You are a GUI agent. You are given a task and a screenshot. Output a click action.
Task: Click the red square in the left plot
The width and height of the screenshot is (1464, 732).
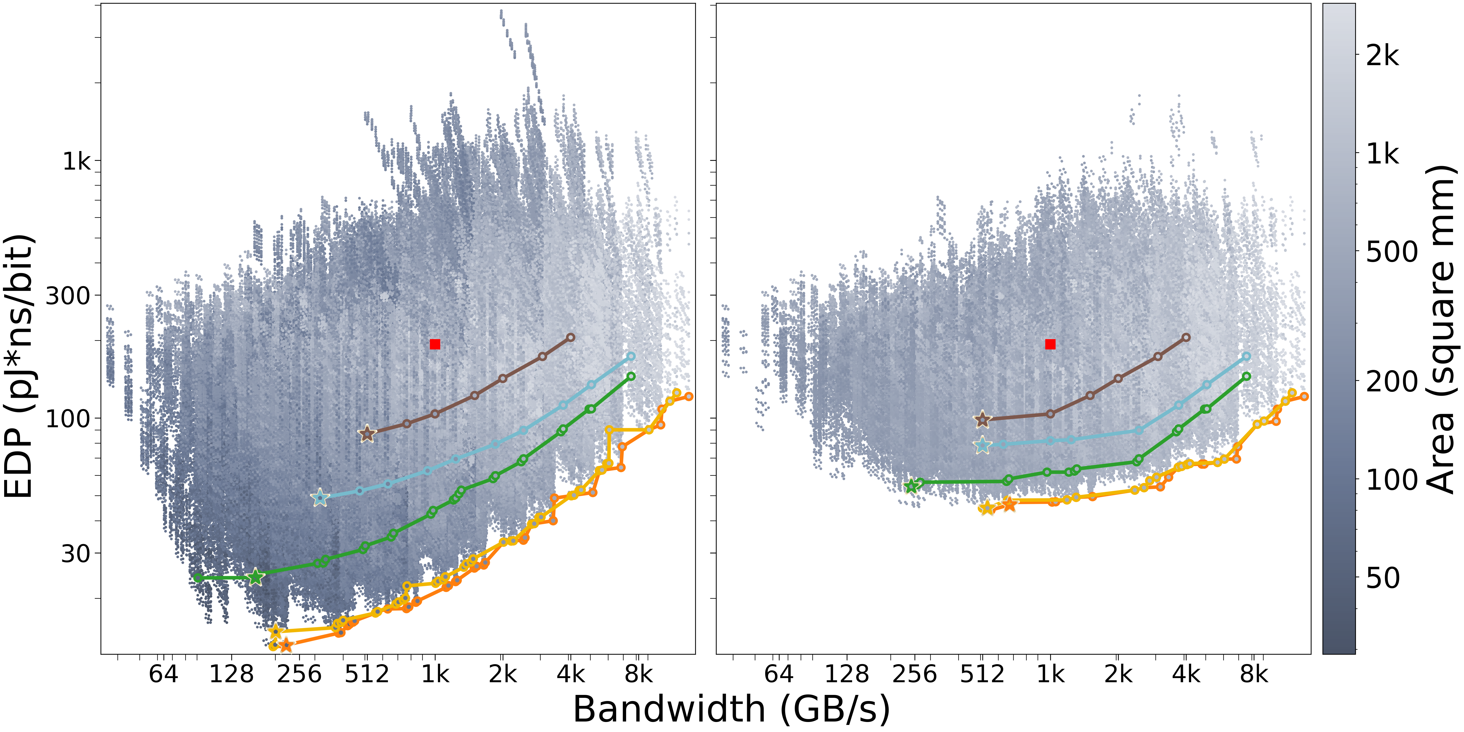pos(435,344)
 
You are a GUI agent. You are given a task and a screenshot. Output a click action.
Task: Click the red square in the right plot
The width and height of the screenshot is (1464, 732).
pos(1050,344)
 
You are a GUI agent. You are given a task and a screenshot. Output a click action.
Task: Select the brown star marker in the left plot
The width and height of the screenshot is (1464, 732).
pos(367,434)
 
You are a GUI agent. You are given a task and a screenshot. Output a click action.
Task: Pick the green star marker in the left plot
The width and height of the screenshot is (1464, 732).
pos(256,577)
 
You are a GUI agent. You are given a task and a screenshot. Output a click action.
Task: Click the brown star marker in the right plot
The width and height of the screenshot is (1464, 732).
pos(982,420)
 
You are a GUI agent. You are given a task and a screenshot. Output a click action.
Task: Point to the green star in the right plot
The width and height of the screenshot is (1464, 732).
pos(912,486)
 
